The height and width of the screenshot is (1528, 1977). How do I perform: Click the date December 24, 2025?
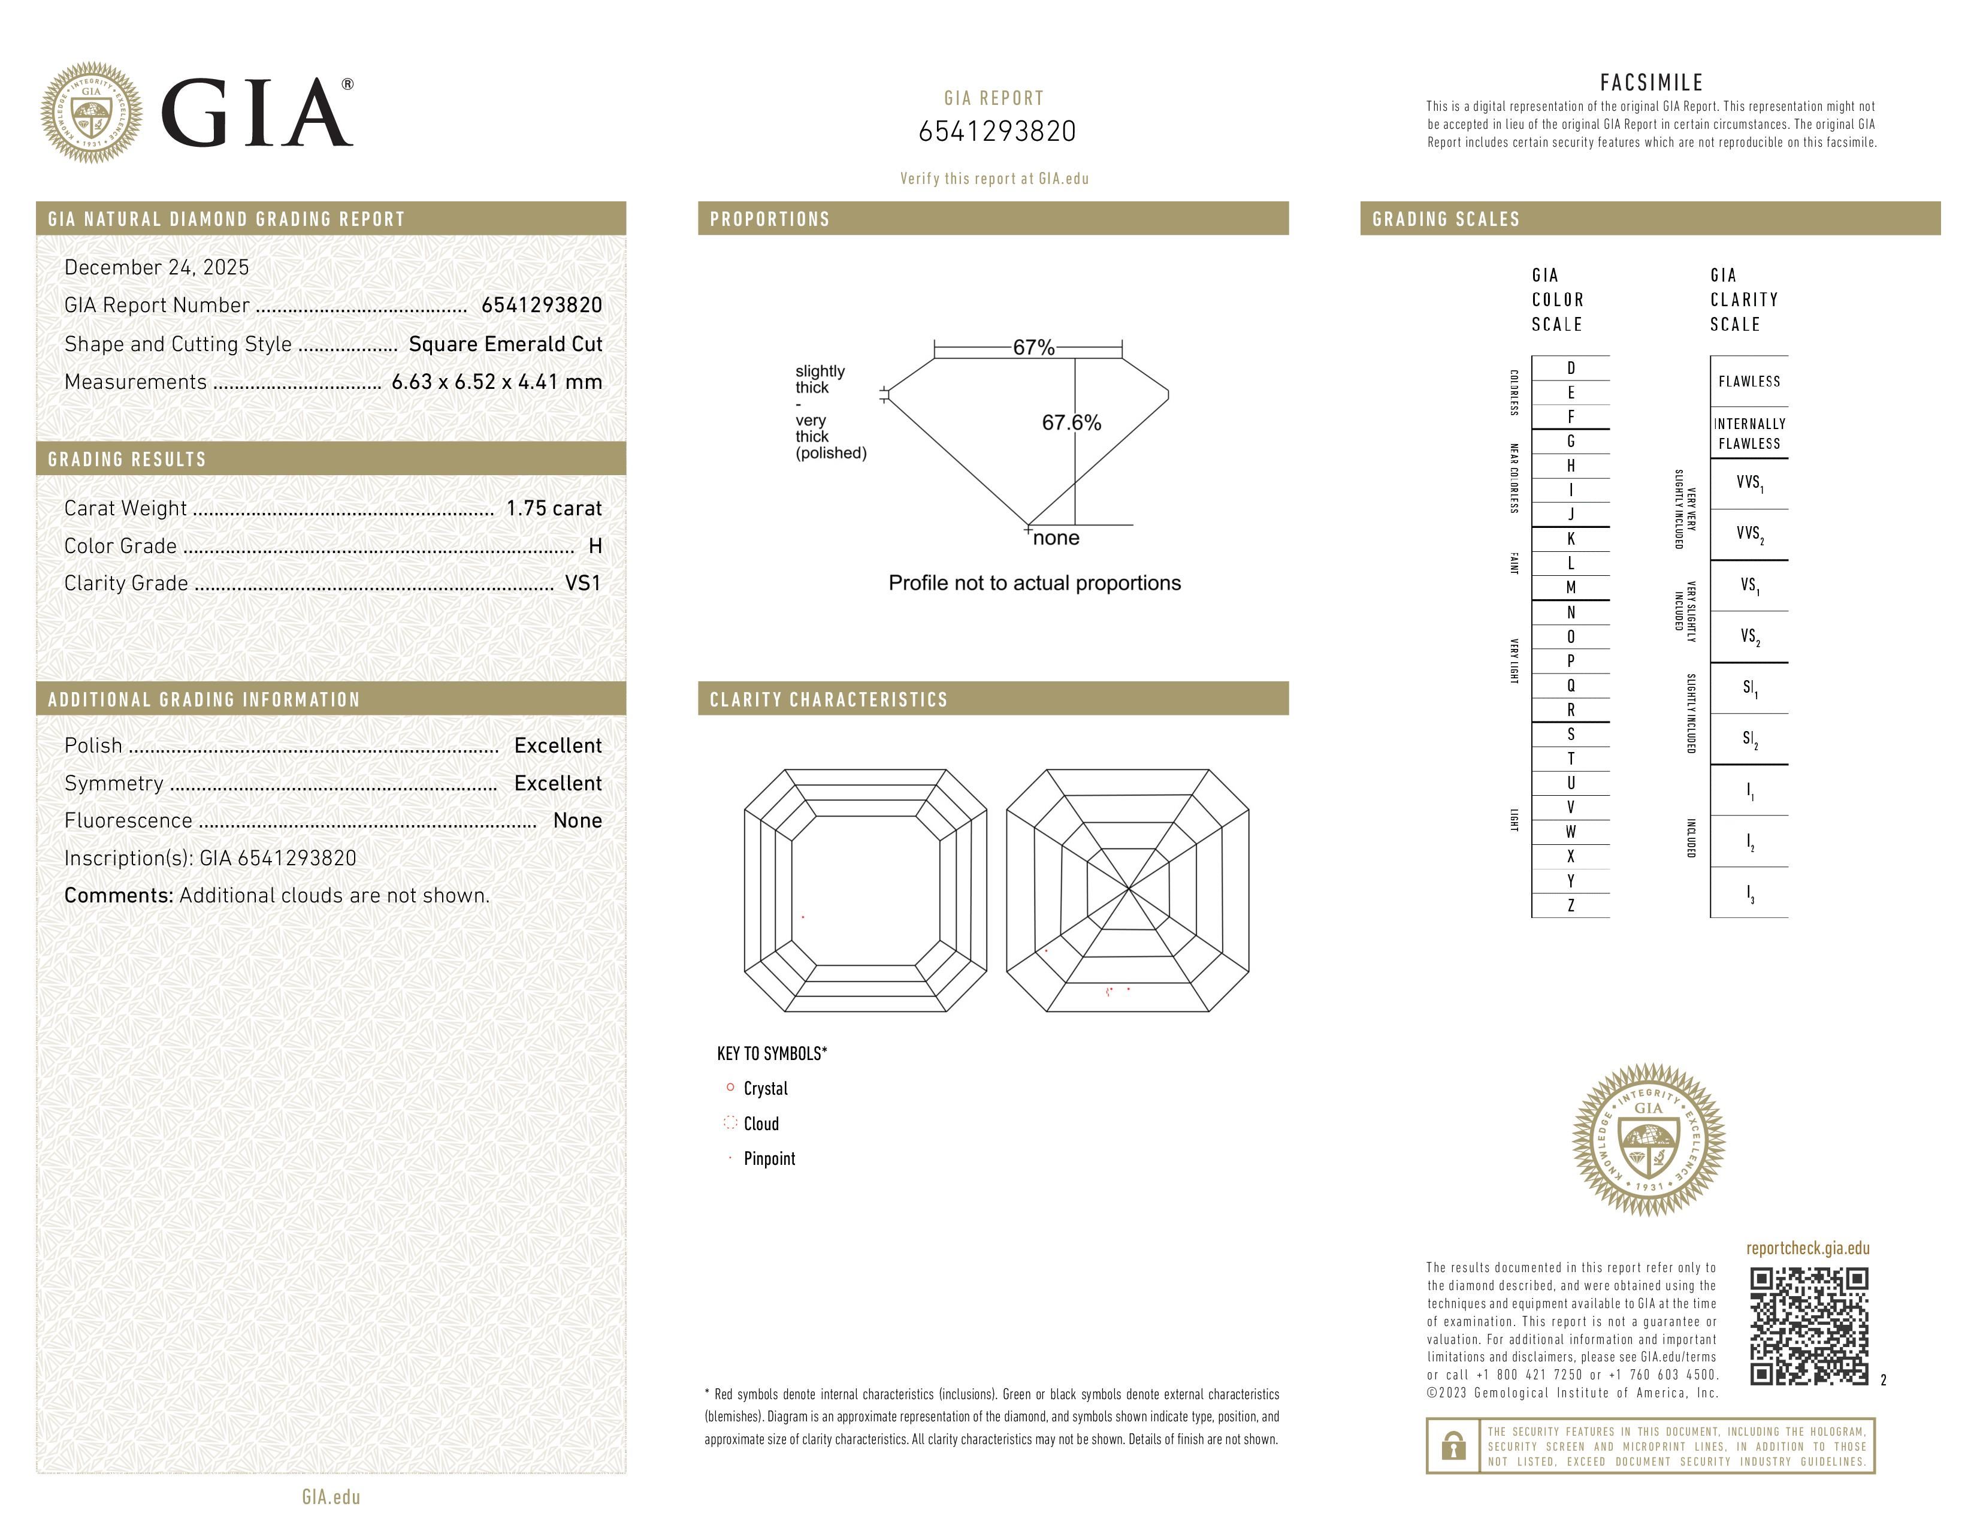point(156,267)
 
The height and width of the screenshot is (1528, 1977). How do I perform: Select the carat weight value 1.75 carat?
point(553,508)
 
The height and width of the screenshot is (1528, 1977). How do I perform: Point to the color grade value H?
point(595,546)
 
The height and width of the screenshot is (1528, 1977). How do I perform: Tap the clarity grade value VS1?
point(582,583)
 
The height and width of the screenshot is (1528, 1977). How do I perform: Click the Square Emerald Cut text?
point(505,344)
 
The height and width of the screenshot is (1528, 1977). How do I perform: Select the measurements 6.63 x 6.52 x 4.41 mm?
point(496,382)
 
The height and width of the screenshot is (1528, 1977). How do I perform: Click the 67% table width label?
point(1033,348)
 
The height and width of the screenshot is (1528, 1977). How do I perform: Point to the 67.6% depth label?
point(1071,422)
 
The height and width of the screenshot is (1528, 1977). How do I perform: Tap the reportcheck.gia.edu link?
point(1807,1248)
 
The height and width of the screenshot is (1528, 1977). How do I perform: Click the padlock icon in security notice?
point(1453,1446)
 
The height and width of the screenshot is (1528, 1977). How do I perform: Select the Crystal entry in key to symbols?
point(765,1088)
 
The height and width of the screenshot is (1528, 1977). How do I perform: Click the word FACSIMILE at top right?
point(1651,82)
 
